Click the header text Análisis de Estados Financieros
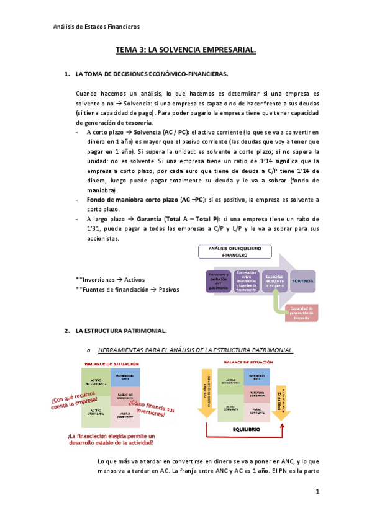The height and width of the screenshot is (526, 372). pyautogui.click(x=96, y=27)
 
